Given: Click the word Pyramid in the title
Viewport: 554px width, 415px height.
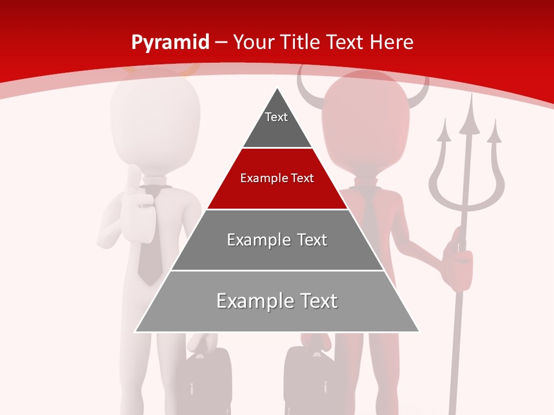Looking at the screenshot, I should (x=170, y=42).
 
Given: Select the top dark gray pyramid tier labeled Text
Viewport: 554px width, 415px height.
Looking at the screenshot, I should (x=276, y=124).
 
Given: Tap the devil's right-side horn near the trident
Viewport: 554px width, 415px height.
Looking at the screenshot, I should (x=420, y=95).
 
